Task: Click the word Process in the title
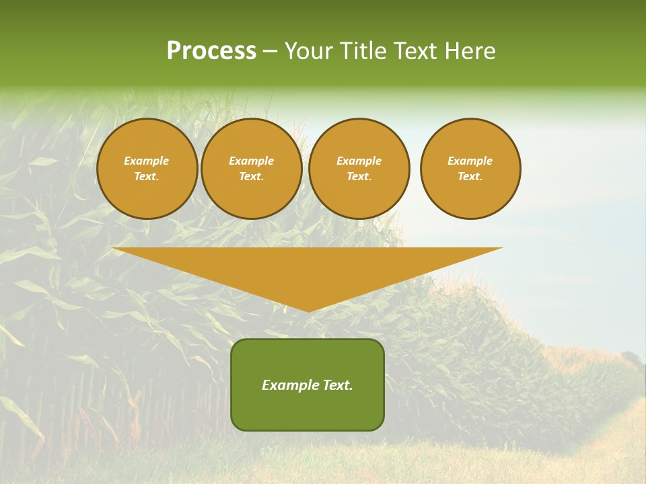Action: pos(211,51)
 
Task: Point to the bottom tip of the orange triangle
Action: pos(308,310)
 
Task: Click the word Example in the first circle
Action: pos(147,161)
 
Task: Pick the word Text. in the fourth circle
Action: pos(470,176)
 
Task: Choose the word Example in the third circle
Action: pos(359,161)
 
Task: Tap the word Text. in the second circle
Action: pos(252,176)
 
